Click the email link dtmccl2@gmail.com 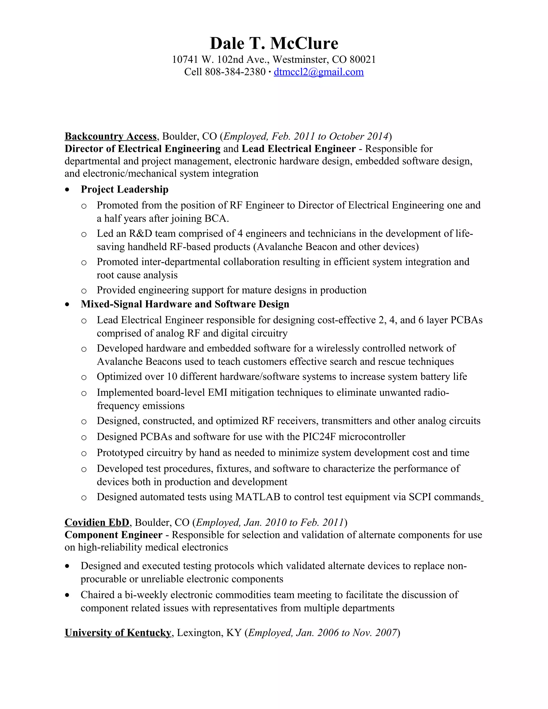click(x=318, y=72)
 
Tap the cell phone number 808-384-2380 click(x=235, y=72)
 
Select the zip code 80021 click(x=363, y=59)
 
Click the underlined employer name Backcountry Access click(x=111, y=136)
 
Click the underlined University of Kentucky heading click(x=118, y=633)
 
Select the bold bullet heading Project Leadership click(x=124, y=189)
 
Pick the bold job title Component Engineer click(x=113, y=535)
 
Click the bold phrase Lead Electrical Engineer click(x=299, y=149)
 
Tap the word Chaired click(x=97, y=595)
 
